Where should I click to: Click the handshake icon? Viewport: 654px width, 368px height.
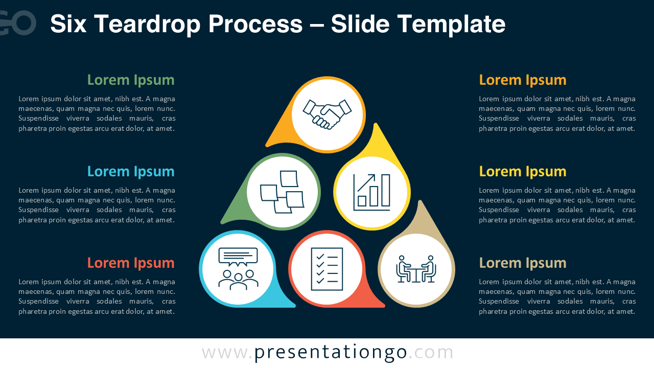pyautogui.click(x=327, y=114)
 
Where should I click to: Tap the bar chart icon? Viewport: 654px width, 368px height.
pyautogui.click(x=371, y=192)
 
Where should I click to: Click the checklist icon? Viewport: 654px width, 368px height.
pyautogui.click(x=327, y=269)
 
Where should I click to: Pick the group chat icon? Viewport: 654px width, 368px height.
pyautogui.click(x=238, y=269)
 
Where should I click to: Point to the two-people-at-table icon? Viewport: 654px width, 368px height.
pyautogui.click(x=416, y=269)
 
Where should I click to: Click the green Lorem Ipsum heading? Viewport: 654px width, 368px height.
pyautogui.click(x=131, y=80)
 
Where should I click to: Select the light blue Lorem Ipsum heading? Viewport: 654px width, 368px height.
pyautogui.click(x=131, y=172)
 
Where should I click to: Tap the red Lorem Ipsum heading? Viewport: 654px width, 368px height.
pyautogui.click(x=131, y=263)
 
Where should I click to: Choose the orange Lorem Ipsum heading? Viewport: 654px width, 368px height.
pyautogui.click(x=523, y=80)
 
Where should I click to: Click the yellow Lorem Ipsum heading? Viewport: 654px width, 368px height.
pyautogui.click(x=523, y=172)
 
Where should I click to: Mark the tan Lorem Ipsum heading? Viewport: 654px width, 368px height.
pyautogui.click(x=523, y=263)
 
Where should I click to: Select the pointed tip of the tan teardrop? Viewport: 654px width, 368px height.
pyautogui.click(x=420, y=202)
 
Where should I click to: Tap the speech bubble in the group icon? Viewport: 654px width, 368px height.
pyautogui.click(x=238, y=256)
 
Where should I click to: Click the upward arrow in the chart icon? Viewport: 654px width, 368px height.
pyautogui.click(x=367, y=182)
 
